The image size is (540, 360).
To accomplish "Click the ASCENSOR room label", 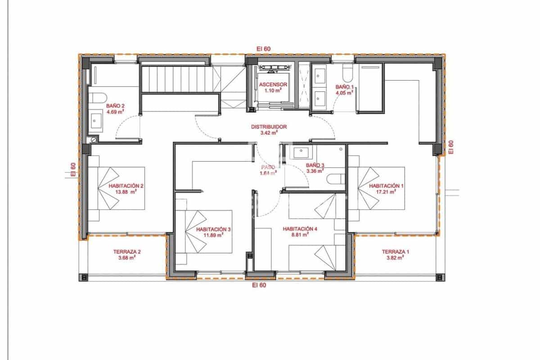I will coord(273,84).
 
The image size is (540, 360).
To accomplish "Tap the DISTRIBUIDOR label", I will coord(269,127).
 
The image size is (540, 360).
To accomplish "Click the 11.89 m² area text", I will coord(213,235).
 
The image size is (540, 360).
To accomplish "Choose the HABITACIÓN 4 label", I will coord(300,229).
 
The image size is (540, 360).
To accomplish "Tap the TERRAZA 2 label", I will coord(127,252).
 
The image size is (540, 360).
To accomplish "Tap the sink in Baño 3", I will coord(300,153).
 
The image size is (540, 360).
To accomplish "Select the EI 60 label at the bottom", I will coord(259,285).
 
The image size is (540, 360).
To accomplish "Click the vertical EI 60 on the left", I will coord(73,169).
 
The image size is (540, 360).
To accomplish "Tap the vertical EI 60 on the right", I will coord(451,147).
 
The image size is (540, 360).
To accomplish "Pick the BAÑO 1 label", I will coord(345,87).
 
